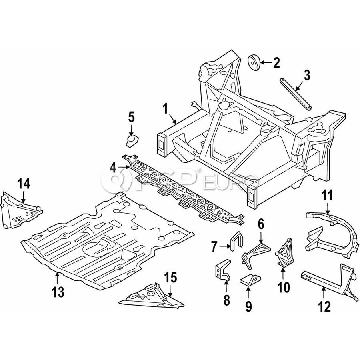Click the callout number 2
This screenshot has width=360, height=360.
click(x=276, y=62)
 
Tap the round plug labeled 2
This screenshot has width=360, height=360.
click(x=254, y=62)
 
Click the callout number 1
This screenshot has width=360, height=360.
click(x=164, y=109)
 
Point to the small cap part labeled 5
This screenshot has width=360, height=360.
click(x=132, y=141)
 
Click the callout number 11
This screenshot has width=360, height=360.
click(x=328, y=196)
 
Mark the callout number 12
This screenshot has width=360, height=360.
click(x=325, y=306)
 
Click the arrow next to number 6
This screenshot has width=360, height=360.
click(x=261, y=237)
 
